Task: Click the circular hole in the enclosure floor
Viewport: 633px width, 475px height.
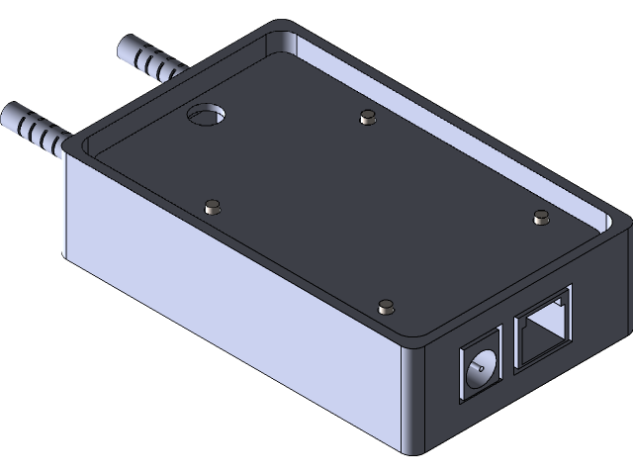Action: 207,117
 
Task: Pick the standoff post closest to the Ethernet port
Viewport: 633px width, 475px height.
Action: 540,216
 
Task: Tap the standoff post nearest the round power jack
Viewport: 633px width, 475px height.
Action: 386,304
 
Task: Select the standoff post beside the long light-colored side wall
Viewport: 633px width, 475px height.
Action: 210,207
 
